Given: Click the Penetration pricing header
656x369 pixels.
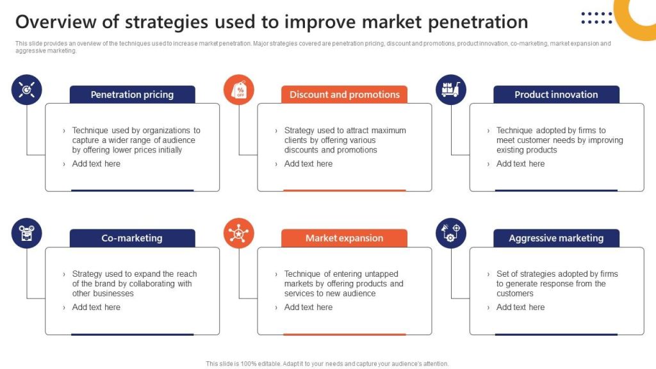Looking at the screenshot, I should (132, 95).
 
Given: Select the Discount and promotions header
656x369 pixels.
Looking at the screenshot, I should (344, 95).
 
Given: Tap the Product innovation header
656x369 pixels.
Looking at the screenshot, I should (556, 95).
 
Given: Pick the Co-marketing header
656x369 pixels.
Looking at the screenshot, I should (132, 238).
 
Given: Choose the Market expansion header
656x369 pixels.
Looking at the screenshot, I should (344, 238).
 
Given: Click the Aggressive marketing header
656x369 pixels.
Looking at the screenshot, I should (556, 238).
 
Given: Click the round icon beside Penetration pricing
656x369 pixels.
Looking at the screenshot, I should (27, 90).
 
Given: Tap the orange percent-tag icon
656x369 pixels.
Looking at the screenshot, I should (239, 90).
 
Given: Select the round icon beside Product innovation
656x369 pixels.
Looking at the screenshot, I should (451, 90).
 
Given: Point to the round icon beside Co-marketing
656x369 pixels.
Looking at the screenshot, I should (27, 234).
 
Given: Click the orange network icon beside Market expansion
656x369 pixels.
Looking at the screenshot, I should (239, 234).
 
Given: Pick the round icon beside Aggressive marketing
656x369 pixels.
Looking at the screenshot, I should (451, 234).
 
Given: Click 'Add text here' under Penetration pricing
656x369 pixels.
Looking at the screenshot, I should (96, 164).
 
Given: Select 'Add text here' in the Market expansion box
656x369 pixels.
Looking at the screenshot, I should (308, 307).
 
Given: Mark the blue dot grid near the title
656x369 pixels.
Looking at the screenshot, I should (596, 18).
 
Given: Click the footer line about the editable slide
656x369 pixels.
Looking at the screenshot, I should (327, 364).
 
